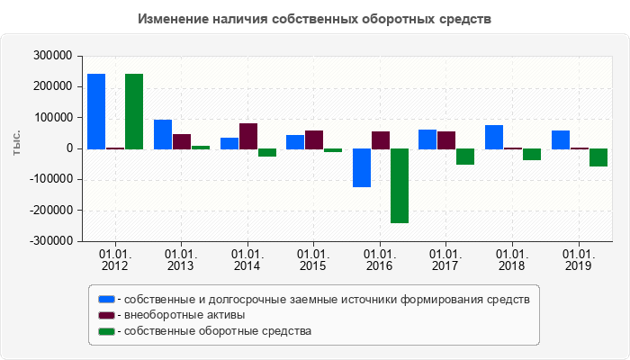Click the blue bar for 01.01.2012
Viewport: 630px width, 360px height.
coord(96,111)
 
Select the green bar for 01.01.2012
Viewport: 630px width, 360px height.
coord(134,111)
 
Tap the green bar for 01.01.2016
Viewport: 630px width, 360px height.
coord(399,185)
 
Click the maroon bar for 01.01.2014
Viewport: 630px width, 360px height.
coord(247,136)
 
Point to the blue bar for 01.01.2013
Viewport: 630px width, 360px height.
coord(163,134)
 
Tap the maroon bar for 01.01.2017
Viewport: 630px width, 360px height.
coord(446,139)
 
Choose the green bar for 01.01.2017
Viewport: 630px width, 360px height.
coord(465,157)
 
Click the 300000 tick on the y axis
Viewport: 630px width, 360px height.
coord(51,56)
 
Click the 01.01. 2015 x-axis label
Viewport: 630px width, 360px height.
coord(313,261)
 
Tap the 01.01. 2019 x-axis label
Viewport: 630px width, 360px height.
coord(578,261)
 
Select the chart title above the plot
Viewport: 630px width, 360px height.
coord(315,19)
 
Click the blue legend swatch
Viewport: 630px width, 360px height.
coord(107,299)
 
